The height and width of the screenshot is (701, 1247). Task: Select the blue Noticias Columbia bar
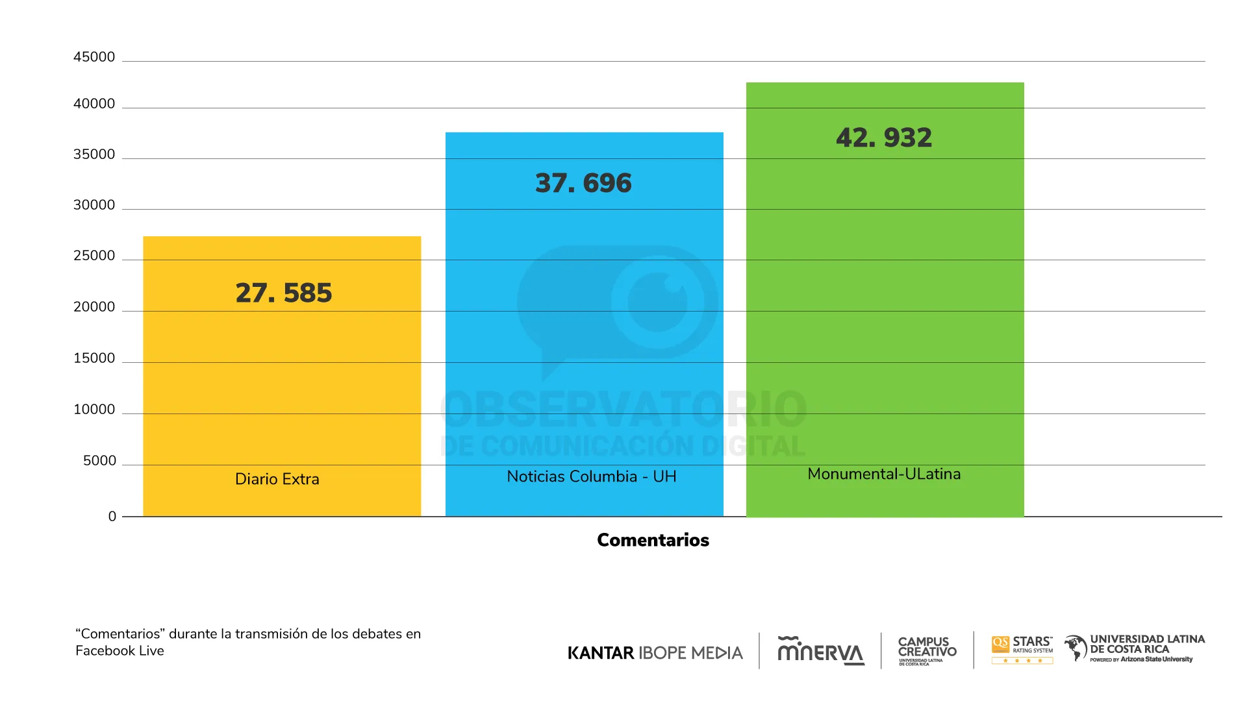584,325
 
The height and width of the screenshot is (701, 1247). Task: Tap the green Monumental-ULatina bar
885,299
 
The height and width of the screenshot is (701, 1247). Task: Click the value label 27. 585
283,293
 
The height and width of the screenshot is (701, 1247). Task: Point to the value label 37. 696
583,183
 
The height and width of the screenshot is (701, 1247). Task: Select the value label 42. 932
884,138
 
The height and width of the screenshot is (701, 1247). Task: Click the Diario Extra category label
277,479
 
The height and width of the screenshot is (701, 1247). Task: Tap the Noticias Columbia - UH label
592,476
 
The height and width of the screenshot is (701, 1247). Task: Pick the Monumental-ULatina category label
884,474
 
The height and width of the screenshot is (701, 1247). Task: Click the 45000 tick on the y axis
94,57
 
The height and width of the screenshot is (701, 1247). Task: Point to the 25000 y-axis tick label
94,256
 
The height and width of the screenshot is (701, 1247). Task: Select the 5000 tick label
99,461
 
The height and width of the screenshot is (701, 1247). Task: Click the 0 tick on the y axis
112,517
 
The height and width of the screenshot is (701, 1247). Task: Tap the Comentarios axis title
653,540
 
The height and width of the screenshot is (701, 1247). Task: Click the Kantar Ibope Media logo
655,653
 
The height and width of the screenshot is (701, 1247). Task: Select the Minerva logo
821,650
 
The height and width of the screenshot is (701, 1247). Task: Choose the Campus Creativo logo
927,650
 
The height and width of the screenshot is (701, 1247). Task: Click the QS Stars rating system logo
1022,650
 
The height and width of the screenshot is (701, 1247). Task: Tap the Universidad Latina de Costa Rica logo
1135,648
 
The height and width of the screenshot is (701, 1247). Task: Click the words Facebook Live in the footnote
120,651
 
